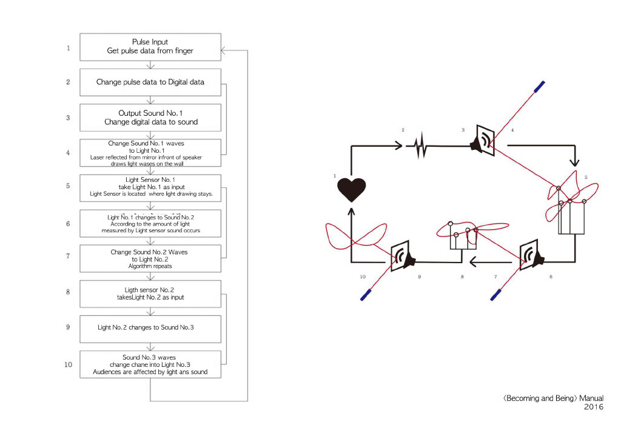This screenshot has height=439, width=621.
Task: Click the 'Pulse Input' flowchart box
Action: pos(150,47)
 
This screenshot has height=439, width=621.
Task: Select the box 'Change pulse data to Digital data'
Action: pos(150,82)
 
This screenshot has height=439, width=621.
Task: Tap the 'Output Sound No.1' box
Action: pos(150,117)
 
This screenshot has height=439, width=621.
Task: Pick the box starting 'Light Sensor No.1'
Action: pos(150,187)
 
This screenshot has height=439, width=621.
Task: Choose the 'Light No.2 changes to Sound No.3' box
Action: pos(150,327)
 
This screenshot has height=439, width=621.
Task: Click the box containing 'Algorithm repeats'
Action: pos(150,258)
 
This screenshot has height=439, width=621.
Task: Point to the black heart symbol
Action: pos(352,189)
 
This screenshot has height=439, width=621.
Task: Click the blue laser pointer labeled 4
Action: pos(539,87)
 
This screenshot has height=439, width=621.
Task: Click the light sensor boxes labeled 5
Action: pos(571,217)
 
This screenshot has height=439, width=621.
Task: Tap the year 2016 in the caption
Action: pos(594,407)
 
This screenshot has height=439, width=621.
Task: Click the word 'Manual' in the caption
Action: pos(591,398)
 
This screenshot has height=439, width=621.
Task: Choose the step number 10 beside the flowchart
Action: pos(69,365)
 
